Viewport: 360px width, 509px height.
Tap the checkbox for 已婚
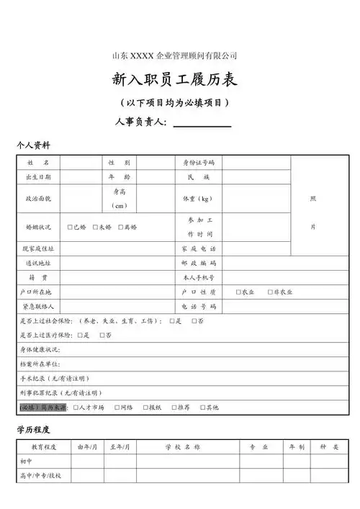pyautogui.click(x=70, y=227)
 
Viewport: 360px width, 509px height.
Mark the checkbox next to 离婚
pyautogui.click(x=121, y=227)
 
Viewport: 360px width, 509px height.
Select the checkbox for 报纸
pyautogui.click(x=144, y=407)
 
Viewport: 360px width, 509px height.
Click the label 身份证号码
pyautogui.click(x=199, y=163)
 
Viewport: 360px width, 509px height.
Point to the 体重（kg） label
pyautogui.click(x=197, y=198)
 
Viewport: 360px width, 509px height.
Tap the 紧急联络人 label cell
pyautogui.click(x=38, y=306)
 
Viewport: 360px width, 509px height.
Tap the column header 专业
pyautogui.click(x=258, y=447)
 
